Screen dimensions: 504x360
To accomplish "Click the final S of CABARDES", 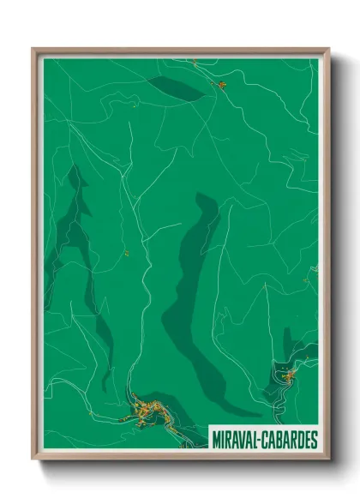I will point(314,439).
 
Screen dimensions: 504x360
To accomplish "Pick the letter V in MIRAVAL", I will point(243,439).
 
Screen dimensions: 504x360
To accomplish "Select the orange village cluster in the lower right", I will point(288,374).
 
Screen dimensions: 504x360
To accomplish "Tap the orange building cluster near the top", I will point(219,84).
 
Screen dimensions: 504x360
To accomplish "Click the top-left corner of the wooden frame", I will point(33,49).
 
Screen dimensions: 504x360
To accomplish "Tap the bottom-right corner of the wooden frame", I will point(328,459).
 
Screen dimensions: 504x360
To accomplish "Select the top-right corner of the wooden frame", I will point(328,49).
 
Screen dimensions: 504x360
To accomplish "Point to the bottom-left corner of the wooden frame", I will point(33,459).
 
